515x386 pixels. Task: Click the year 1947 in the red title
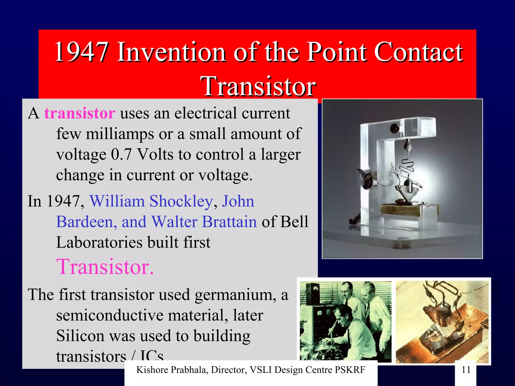pos(82,52)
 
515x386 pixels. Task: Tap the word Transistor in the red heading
pos(258,86)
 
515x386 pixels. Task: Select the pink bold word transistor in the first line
pos(80,113)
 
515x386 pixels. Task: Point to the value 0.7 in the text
pos(121,154)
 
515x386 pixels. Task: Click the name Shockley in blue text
pos(181,202)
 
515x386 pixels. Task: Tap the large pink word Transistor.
pos(105,267)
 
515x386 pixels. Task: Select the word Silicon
pos(80,336)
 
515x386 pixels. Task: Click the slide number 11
pos(466,370)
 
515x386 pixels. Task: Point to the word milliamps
pos(120,134)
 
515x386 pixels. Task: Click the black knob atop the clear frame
pos(394,129)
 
